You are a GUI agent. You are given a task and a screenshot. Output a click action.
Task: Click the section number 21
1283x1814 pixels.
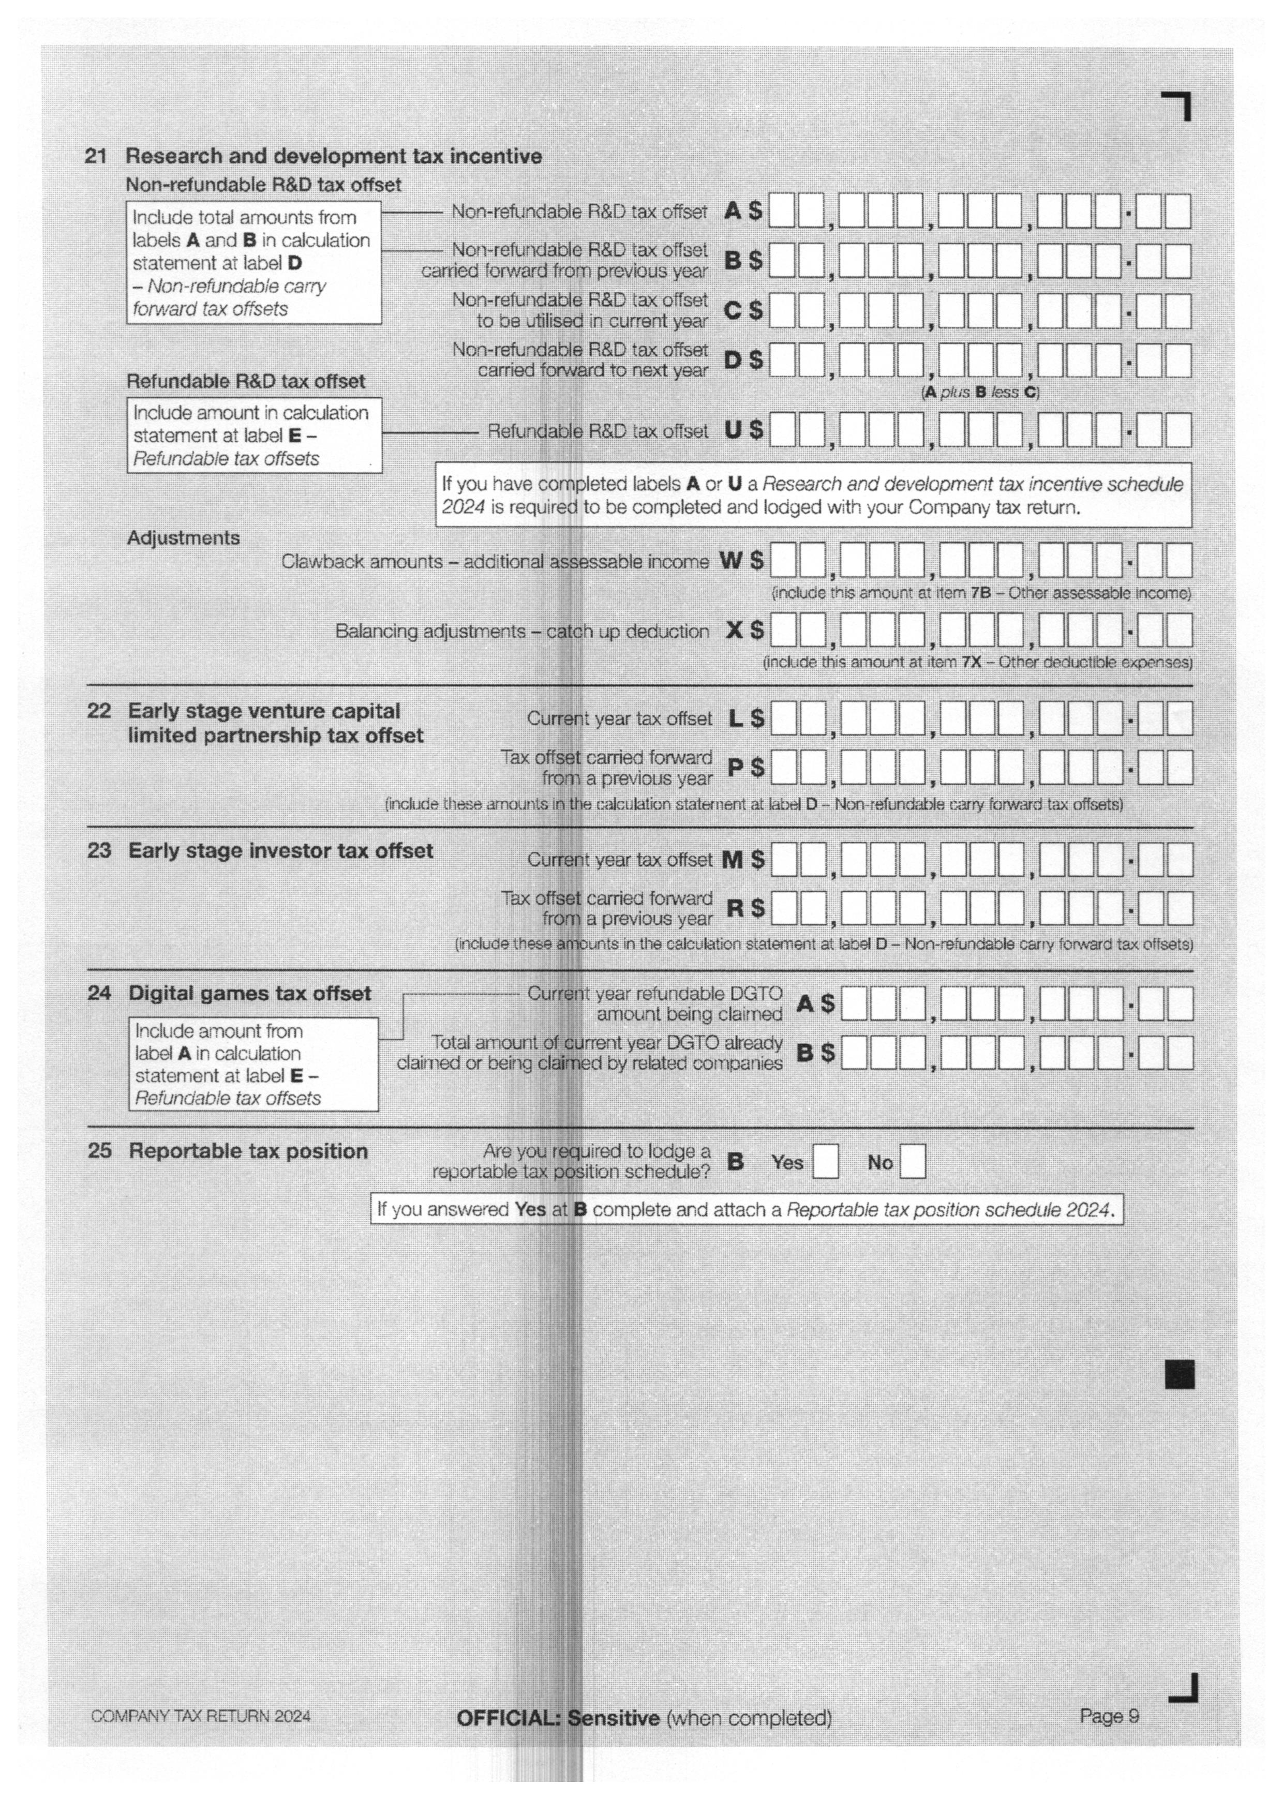click(96, 156)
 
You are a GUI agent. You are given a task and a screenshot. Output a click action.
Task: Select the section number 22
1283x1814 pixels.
click(99, 711)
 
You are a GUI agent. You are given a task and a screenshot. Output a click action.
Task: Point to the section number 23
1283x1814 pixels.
click(99, 851)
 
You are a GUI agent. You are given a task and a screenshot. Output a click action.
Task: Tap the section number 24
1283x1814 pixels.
click(99, 993)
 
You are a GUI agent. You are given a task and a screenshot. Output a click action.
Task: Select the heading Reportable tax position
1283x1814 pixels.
click(248, 1151)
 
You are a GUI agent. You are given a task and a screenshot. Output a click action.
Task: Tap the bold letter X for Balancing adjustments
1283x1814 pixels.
click(735, 631)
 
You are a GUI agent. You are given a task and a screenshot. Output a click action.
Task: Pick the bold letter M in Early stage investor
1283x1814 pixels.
click(733, 860)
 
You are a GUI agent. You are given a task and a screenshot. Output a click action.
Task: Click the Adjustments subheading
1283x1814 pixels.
click(183, 538)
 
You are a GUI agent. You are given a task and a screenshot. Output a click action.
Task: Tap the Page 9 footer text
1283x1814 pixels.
click(1109, 1716)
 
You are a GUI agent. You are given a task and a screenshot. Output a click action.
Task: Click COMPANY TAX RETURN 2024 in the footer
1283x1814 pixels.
click(201, 1717)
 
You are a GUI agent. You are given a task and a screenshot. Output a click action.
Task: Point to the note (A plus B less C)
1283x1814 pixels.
click(980, 393)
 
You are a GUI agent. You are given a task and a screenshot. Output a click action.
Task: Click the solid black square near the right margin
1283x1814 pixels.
click(1180, 1375)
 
